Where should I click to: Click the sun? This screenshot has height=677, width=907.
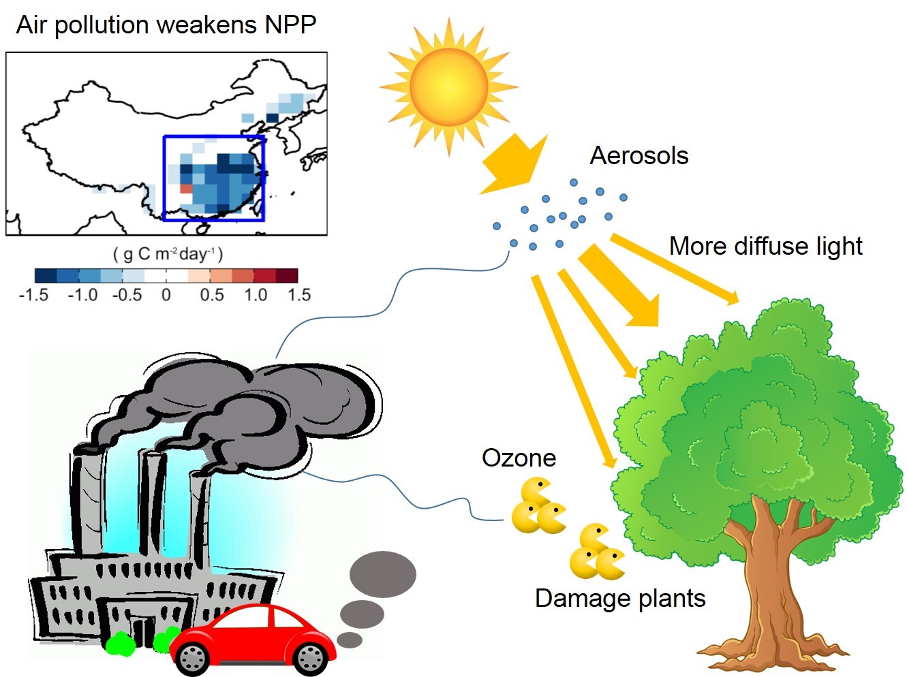(448, 86)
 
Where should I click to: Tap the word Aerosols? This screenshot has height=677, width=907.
(639, 156)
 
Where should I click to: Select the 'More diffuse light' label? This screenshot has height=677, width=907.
(765, 246)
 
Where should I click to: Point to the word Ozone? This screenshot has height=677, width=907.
(519, 458)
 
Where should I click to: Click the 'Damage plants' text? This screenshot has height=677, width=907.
(619, 598)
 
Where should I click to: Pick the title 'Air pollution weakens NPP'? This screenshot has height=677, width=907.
(166, 25)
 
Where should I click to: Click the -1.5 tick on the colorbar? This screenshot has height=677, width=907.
(33, 295)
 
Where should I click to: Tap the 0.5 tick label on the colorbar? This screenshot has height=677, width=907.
(211, 295)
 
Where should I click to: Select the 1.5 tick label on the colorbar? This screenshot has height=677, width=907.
(298, 295)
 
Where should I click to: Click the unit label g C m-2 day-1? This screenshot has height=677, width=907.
(167, 254)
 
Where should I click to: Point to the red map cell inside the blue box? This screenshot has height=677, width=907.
(186, 189)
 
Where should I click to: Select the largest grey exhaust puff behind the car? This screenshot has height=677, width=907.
(382, 574)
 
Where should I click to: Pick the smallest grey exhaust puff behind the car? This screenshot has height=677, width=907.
(350, 640)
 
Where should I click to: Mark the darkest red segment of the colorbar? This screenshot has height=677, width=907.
(287, 276)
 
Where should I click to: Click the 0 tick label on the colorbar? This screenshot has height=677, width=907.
(166, 295)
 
